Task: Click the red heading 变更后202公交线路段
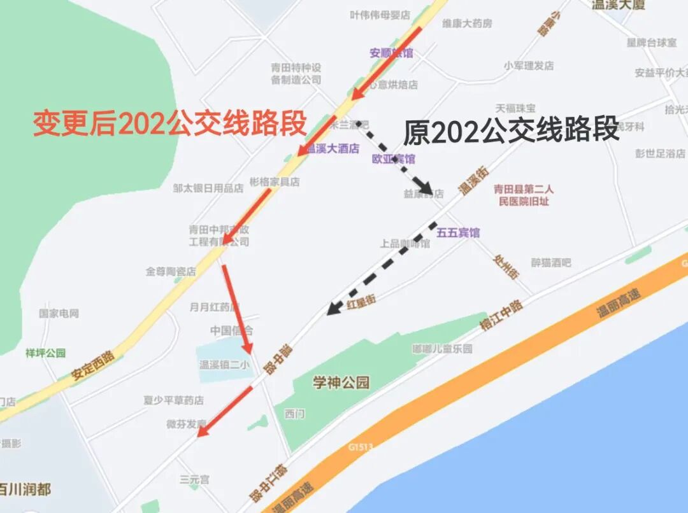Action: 169,123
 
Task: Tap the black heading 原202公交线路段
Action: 511,130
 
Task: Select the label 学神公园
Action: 341,382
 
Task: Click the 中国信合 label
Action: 231,330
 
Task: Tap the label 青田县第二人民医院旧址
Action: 524,195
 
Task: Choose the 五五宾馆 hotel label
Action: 457,232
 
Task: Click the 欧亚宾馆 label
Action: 393,158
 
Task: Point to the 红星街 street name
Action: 361,302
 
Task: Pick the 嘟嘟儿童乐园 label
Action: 442,349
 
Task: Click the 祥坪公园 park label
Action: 45,353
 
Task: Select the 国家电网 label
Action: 59,313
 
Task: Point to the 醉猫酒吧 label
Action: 551,262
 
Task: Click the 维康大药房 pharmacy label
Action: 467,24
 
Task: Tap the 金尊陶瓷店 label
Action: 171,271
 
